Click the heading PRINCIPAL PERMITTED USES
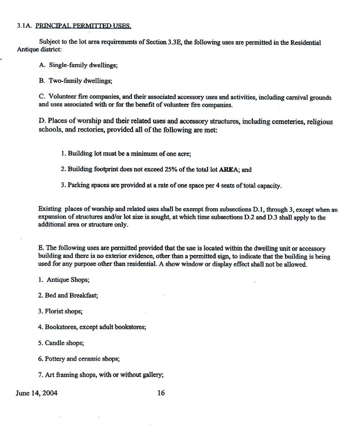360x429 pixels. (83, 26)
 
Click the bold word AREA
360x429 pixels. (227, 170)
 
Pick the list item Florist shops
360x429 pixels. (60, 311)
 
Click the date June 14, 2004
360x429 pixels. (36, 393)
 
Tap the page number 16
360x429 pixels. (161, 393)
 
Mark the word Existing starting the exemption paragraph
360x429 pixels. (50, 209)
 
